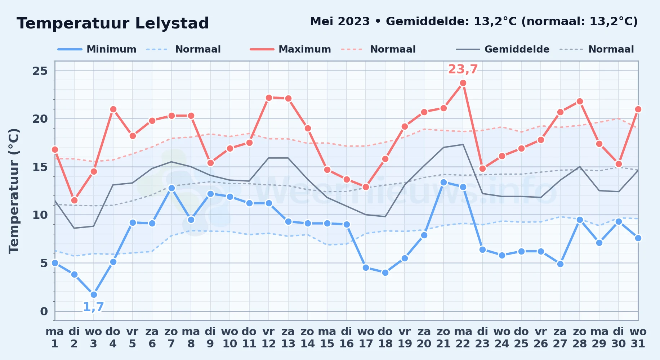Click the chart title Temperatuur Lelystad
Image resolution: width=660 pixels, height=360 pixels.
(113, 23)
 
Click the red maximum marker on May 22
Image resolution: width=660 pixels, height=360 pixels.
(463, 83)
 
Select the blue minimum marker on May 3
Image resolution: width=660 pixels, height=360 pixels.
(94, 294)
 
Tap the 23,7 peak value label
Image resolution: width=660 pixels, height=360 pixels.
(463, 69)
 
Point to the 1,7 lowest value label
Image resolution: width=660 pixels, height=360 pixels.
(94, 307)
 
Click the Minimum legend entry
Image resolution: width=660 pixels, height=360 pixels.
(97, 49)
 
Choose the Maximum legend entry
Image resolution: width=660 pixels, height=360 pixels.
(290, 49)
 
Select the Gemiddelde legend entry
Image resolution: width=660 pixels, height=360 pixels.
(503, 49)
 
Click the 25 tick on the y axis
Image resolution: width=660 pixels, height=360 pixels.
(40, 71)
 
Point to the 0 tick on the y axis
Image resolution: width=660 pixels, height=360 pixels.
(44, 311)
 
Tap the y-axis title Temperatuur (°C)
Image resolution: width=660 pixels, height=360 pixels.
(14, 191)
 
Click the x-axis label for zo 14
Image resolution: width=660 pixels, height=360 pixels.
(308, 338)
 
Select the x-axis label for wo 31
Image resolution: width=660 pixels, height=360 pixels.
(638, 338)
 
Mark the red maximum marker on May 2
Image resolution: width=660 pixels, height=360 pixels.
(74, 200)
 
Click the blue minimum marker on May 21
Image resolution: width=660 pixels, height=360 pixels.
(443, 182)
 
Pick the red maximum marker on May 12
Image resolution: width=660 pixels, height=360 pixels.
(269, 98)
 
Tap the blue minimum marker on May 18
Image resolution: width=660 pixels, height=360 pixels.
(385, 273)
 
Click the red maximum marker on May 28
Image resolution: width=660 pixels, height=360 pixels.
(580, 102)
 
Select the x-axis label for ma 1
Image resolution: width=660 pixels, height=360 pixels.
(55, 338)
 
